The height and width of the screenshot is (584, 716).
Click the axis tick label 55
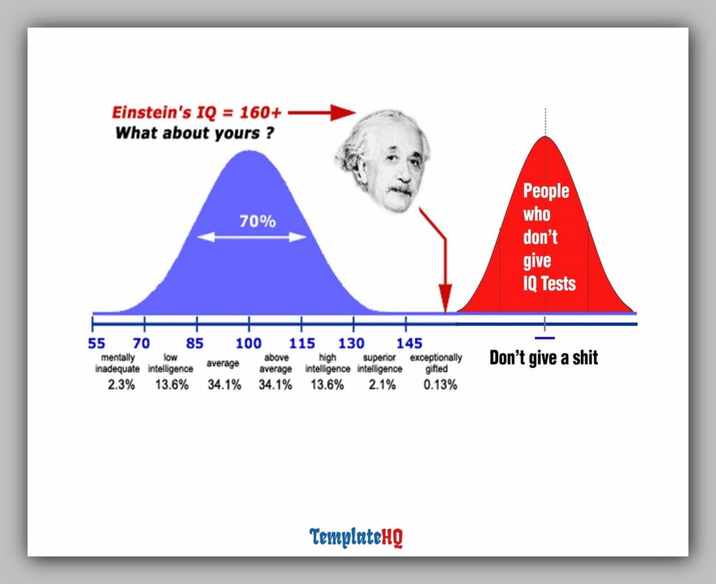pos(96,343)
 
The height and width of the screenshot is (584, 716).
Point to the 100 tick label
pos(248,343)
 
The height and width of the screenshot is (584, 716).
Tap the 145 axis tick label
pos(409,343)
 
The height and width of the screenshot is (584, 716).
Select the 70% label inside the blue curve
pos(257,222)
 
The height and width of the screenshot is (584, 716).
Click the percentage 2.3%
pos(121,384)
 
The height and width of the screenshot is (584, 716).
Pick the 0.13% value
pos(441,384)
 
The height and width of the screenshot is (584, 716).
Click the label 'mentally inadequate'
pos(117,363)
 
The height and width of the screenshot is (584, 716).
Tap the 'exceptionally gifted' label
pos(436,363)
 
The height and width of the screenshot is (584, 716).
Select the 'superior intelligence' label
pos(380,363)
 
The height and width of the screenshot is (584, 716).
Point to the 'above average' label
pos(275,363)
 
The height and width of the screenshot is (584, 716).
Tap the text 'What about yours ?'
pos(194,132)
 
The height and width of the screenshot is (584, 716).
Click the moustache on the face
pos(400,190)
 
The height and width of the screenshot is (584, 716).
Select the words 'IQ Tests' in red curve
pos(549,283)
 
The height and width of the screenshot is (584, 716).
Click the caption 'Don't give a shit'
pos(543,358)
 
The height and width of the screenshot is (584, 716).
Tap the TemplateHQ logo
pos(357,537)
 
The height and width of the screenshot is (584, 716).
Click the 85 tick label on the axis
pos(195,343)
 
